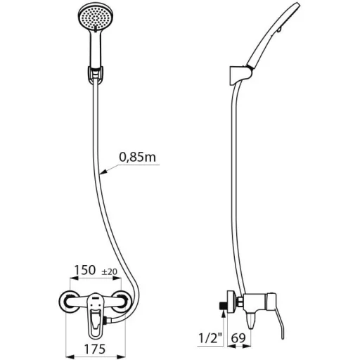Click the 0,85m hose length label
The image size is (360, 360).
(137, 157)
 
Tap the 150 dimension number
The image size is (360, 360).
(85, 270)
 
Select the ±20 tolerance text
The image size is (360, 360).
(109, 271)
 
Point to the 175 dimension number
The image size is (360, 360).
(95, 349)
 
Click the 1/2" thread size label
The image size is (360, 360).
(210, 338)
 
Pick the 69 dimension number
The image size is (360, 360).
(238, 338)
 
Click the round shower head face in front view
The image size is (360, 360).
(96, 18)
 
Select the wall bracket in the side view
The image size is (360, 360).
(240, 76)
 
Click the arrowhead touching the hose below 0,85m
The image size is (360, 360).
(103, 172)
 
